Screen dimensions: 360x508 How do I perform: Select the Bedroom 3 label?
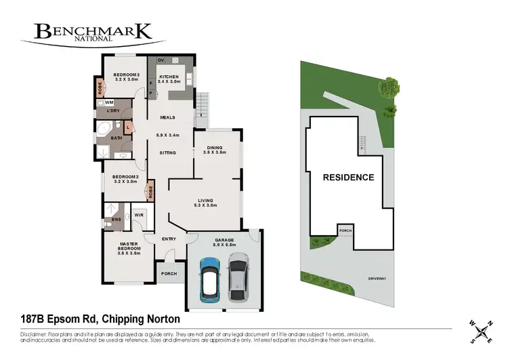(x=126, y=77)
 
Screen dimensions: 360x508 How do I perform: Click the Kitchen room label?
(x=169, y=79)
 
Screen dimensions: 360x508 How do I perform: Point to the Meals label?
(x=167, y=117)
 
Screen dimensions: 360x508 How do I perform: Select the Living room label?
(x=205, y=203)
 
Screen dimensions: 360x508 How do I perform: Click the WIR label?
(x=138, y=215)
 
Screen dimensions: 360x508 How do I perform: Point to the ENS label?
(x=116, y=220)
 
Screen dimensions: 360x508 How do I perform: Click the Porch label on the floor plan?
(x=169, y=274)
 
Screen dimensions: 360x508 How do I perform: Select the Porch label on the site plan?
(x=345, y=231)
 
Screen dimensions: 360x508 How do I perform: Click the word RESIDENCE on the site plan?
(x=347, y=178)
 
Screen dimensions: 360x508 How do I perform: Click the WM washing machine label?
(x=108, y=102)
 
